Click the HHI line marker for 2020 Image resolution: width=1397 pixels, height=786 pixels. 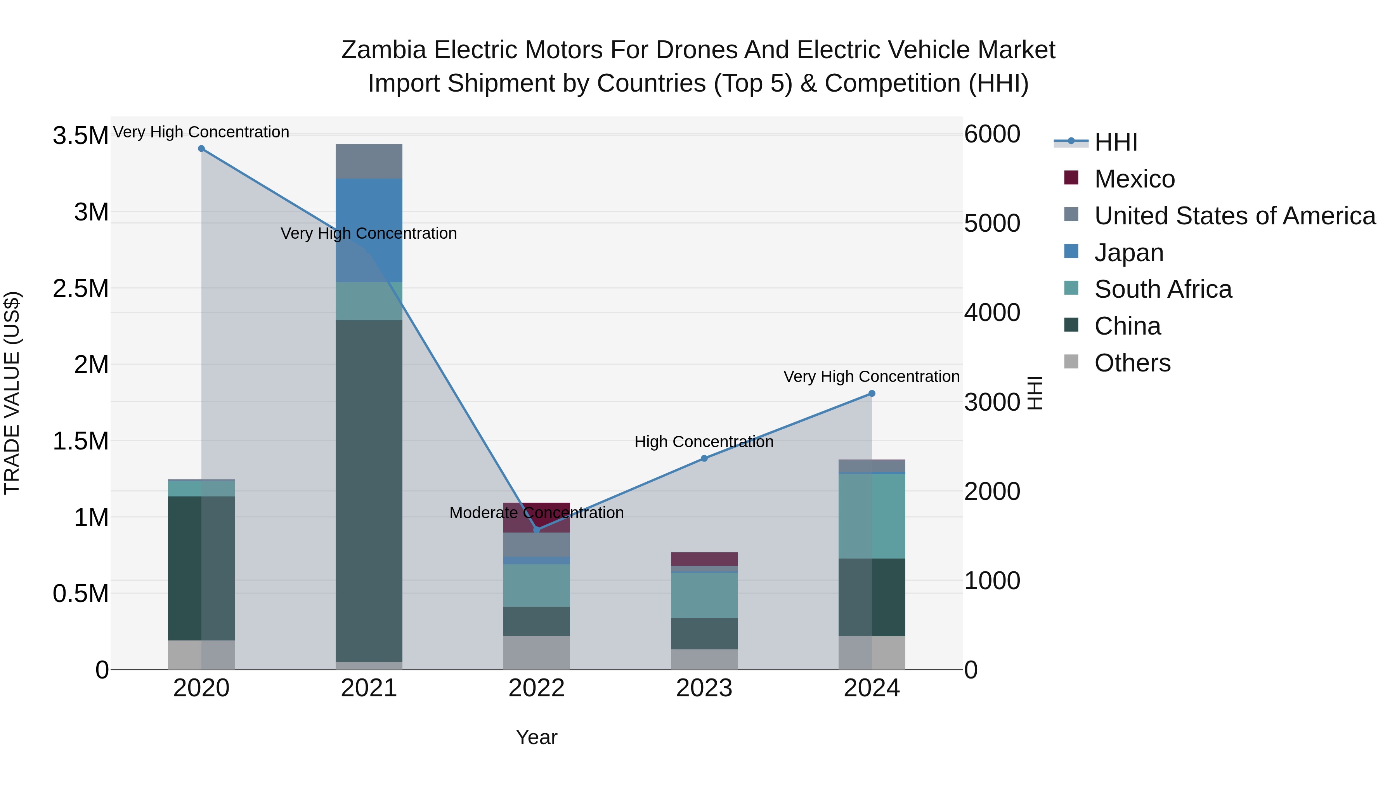pos(201,149)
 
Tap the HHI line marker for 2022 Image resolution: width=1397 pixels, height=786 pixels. pos(536,529)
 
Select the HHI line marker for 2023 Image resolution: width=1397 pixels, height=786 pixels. pos(704,458)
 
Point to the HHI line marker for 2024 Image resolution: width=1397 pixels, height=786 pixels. pos(872,394)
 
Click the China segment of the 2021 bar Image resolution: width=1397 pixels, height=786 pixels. pos(369,488)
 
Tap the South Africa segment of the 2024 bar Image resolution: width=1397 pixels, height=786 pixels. pos(872,515)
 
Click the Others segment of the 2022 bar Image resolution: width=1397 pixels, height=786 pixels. pos(536,652)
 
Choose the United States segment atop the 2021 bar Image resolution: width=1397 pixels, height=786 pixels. pos(369,161)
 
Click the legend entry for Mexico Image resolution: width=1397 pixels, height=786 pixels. pos(1134,179)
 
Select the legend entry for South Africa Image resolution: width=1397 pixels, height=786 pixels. pos(1163,289)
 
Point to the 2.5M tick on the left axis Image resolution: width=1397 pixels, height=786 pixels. pos(80,288)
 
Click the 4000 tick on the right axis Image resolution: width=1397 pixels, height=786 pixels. pos(992,312)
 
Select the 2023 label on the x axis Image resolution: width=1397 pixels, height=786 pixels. pos(704,688)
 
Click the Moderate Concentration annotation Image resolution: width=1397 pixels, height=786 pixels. pos(536,513)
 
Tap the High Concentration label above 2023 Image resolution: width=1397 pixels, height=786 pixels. pos(704,442)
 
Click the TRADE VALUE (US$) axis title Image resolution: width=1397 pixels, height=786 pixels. pos(12,393)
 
